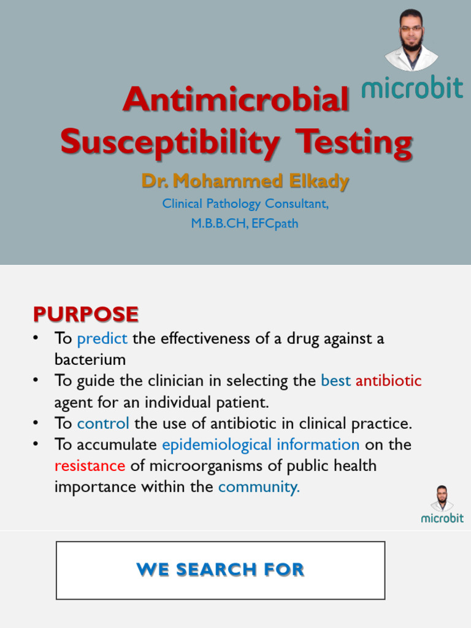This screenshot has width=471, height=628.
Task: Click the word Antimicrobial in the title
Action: (x=236, y=100)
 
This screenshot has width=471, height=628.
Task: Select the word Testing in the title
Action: (x=354, y=142)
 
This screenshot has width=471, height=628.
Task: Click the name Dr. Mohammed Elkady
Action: (x=245, y=181)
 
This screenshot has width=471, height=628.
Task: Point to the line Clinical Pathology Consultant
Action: (x=245, y=204)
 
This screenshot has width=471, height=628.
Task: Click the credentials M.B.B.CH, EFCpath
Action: (x=245, y=223)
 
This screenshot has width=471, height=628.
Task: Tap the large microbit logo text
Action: (x=412, y=88)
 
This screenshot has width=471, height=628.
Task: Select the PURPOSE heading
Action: (x=86, y=314)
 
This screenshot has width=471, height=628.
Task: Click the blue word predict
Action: (x=102, y=339)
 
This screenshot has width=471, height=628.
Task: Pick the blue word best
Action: (x=335, y=381)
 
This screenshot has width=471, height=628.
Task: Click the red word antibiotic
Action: (x=389, y=381)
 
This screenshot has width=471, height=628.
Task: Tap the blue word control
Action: (x=103, y=423)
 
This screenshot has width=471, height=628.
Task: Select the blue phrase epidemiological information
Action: (x=261, y=445)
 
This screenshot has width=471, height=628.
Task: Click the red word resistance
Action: (x=90, y=465)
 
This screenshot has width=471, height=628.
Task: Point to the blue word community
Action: (x=259, y=487)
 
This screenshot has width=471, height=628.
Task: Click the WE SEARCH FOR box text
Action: (x=221, y=570)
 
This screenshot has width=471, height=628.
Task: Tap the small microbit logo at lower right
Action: (x=442, y=518)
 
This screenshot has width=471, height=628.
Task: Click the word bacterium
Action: (x=90, y=359)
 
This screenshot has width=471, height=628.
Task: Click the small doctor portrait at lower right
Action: (x=442, y=498)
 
